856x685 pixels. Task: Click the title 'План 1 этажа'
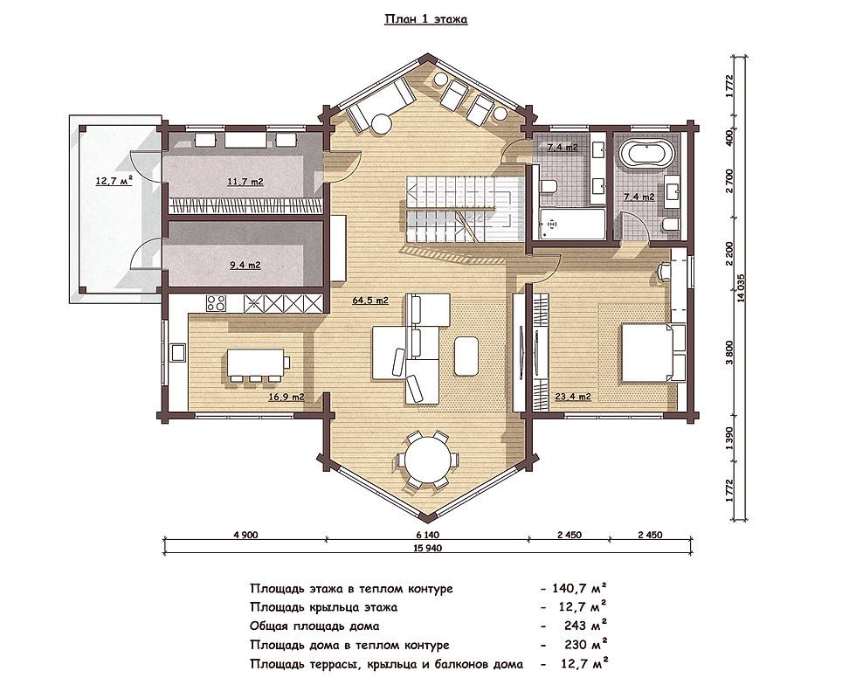pyautogui.click(x=426, y=20)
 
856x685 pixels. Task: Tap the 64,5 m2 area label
pyautogui.click(x=370, y=300)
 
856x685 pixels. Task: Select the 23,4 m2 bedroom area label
pyautogui.click(x=573, y=398)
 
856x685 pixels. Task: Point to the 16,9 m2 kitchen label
pyautogui.click(x=286, y=398)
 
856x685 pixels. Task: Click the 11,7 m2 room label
pyautogui.click(x=245, y=182)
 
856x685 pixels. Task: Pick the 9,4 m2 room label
pyautogui.click(x=245, y=266)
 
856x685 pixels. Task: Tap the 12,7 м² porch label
pyautogui.click(x=114, y=180)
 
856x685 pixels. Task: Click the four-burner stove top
pyautogui.click(x=217, y=303)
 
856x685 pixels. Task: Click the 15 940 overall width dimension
pyautogui.click(x=429, y=547)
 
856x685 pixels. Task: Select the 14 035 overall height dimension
pyautogui.click(x=741, y=287)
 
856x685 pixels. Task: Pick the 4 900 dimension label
pyautogui.click(x=245, y=535)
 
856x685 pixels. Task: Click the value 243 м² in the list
pyautogui.click(x=586, y=626)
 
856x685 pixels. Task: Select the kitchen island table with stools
pyautogui.click(x=257, y=364)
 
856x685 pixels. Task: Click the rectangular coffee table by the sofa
pyautogui.click(x=466, y=356)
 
